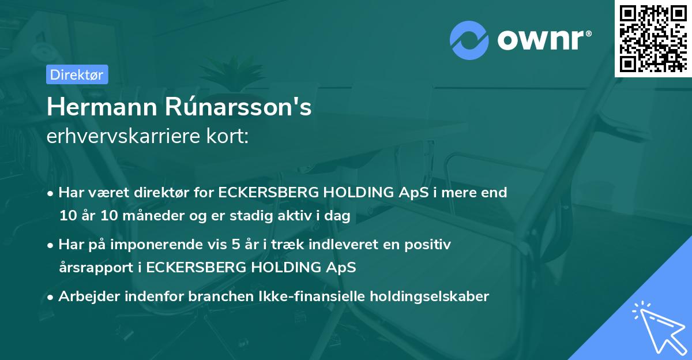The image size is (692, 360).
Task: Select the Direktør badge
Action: click(76, 74)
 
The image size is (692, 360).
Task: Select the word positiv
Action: click(430, 245)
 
